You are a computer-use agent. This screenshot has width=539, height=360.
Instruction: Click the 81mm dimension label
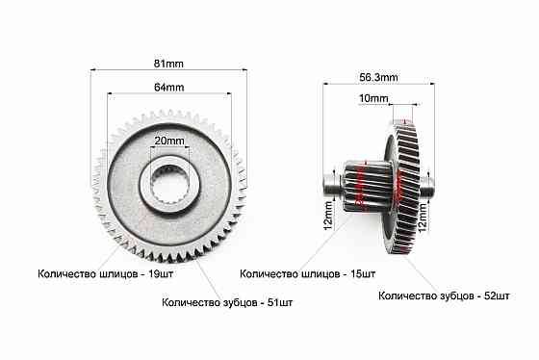coord(168,64)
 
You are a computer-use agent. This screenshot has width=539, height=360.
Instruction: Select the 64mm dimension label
coord(168,88)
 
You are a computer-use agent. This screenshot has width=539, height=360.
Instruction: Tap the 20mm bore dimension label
coord(169,141)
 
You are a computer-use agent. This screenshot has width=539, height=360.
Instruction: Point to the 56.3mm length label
coord(378,77)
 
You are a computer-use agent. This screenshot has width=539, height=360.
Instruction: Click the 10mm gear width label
coord(373,98)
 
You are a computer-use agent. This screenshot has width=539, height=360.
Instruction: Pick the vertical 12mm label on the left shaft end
coord(328,216)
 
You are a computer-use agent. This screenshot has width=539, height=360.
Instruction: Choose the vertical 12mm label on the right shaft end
coord(423,217)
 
